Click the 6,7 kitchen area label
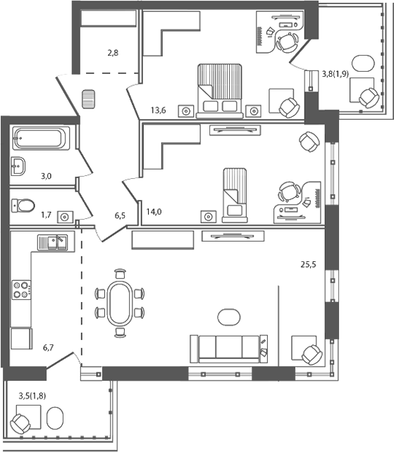(49, 346)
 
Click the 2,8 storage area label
(113, 52)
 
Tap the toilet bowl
(25, 206)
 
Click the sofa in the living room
(228, 348)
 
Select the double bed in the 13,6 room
(219, 89)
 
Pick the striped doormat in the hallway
(88, 99)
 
